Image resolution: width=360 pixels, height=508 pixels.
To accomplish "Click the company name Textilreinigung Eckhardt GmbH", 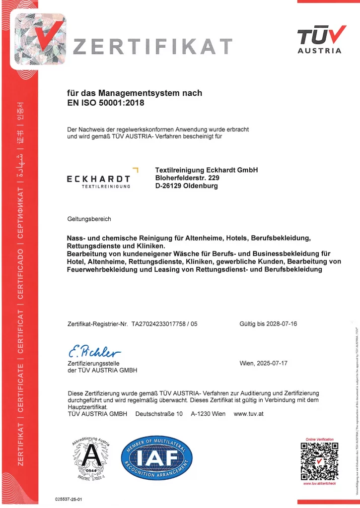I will pos(207,170).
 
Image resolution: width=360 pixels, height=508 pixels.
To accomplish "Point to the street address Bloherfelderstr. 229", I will pos(187,178).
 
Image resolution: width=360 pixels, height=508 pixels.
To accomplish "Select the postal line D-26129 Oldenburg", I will pos(186,186).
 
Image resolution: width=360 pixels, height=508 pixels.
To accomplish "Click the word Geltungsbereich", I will pos(89,219).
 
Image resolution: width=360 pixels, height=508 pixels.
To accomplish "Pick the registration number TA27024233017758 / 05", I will pos(164,324).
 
